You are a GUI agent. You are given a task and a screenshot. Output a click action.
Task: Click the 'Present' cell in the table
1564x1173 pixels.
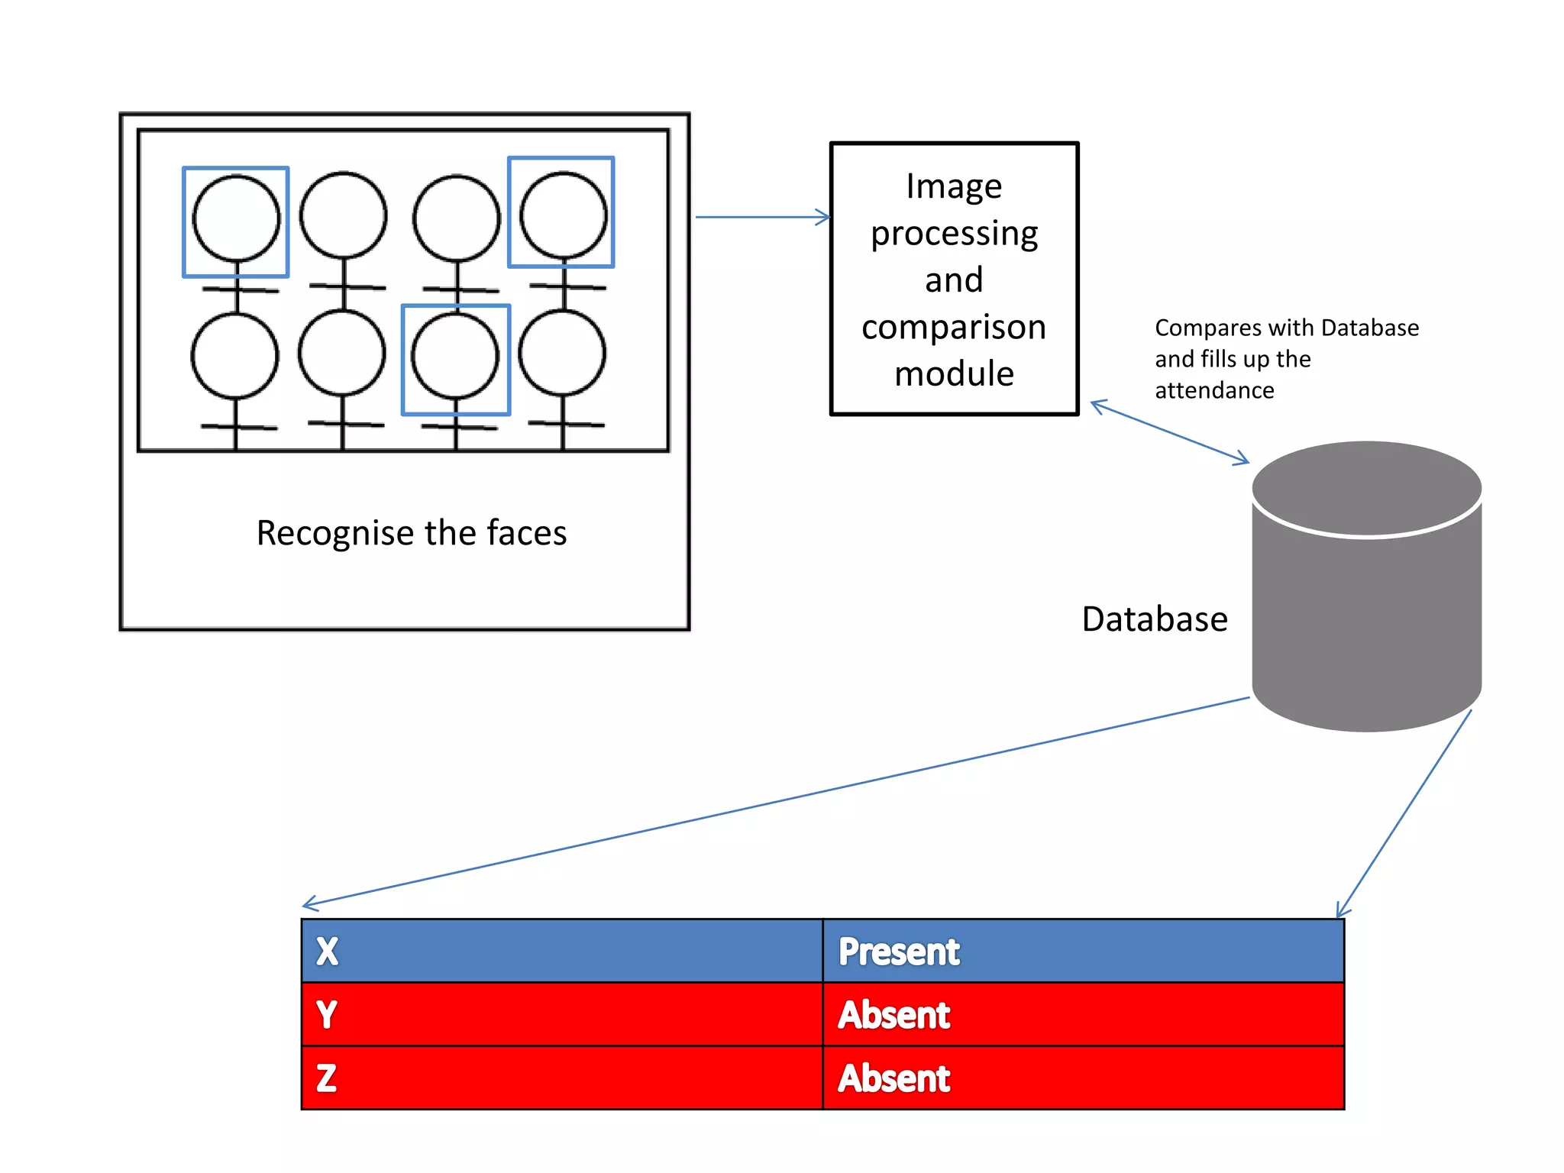1083,951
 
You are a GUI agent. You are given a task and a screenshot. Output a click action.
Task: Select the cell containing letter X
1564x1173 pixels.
562,951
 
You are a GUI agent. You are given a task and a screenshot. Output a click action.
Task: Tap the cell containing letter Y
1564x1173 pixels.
562,1014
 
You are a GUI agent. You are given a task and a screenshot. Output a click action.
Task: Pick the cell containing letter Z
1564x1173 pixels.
562,1078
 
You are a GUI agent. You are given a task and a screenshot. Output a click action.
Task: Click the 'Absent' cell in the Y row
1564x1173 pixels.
1083,1014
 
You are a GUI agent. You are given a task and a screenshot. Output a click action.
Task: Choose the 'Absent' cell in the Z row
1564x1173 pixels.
1083,1078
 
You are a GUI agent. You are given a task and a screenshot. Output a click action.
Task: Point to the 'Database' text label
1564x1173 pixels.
1154,619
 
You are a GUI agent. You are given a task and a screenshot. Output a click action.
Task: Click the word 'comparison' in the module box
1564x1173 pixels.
954,327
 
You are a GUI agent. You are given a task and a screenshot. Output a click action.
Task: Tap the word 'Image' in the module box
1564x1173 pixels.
954,186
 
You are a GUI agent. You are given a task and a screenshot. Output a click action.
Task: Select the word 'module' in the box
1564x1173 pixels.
954,374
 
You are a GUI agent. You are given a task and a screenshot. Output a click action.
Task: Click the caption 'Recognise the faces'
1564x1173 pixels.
412,533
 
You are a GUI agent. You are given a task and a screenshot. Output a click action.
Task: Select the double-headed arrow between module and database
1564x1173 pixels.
1169,432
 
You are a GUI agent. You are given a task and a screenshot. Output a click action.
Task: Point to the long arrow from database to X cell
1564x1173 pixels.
775,801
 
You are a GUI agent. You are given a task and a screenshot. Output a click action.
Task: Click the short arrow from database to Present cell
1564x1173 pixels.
1404,814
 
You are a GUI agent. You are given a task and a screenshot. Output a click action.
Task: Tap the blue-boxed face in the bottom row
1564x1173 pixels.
456,357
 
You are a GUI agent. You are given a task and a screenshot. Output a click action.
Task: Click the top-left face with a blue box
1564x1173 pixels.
236,219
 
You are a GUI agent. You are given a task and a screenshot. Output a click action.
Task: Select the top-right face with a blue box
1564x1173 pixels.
562,213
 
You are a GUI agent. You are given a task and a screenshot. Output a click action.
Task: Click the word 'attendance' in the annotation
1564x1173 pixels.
1214,390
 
